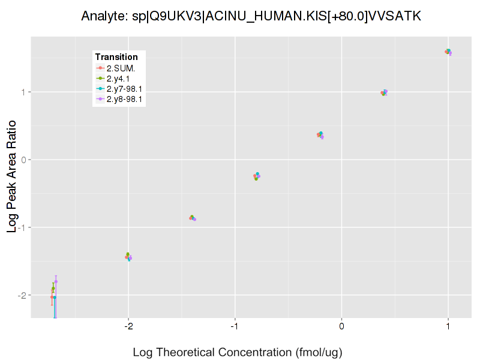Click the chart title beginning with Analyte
click(251, 16)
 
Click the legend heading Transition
click(116, 57)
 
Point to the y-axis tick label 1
click(23, 92)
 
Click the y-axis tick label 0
click(23, 160)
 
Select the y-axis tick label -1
click(22, 227)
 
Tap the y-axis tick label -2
click(22, 295)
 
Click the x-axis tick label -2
click(128, 326)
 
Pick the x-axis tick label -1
click(235, 326)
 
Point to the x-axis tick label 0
click(341, 326)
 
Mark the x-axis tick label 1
click(448, 326)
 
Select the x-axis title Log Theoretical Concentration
click(238, 352)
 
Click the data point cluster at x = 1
click(448, 52)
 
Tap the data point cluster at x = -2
click(128, 257)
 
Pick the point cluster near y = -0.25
click(257, 176)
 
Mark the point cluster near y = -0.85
click(193, 218)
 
